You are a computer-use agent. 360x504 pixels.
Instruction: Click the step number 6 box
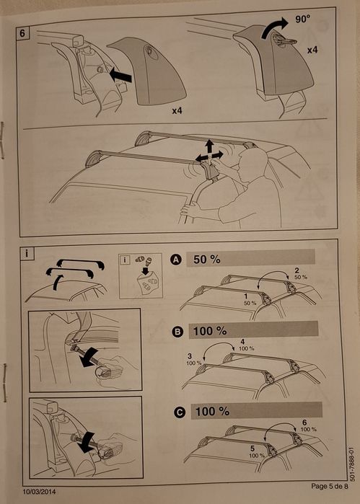click(22, 33)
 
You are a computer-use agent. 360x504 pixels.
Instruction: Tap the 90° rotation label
click(303, 19)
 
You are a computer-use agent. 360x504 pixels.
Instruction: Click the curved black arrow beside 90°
click(274, 27)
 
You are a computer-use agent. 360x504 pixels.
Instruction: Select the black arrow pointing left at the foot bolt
click(120, 76)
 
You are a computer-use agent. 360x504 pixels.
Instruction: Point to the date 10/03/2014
click(39, 492)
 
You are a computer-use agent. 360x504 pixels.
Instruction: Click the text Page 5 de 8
click(329, 486)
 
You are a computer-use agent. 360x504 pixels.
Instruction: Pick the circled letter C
click(180, 412)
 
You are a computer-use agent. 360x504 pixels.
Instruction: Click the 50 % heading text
click(207, 260)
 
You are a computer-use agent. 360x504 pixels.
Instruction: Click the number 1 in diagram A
click(246, 296)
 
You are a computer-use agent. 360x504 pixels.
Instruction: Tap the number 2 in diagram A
click(297, 270)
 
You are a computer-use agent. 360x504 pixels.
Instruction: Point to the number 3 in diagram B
click(190, 356)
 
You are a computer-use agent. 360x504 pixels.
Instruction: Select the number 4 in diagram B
click(242, 342)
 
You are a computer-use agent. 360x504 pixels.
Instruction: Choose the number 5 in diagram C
click(253, 448)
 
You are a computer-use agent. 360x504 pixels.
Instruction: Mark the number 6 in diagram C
click(304, 423)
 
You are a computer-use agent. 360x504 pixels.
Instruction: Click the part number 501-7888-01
click(351, 464)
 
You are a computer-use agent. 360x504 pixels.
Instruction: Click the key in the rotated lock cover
click(286, 41)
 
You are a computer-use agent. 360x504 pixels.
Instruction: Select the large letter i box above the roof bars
click(27, 253)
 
